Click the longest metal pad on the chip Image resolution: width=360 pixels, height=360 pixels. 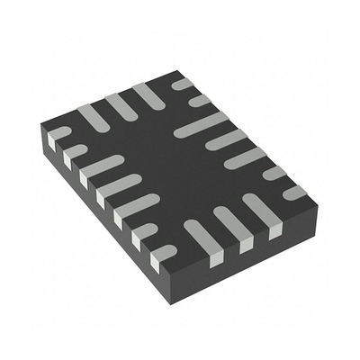[201, 126]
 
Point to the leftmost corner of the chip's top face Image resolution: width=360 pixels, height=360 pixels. [45, 132]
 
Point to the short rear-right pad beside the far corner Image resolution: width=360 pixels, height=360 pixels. [183, 84]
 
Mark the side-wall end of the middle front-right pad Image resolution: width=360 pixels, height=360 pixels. [244, 244]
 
